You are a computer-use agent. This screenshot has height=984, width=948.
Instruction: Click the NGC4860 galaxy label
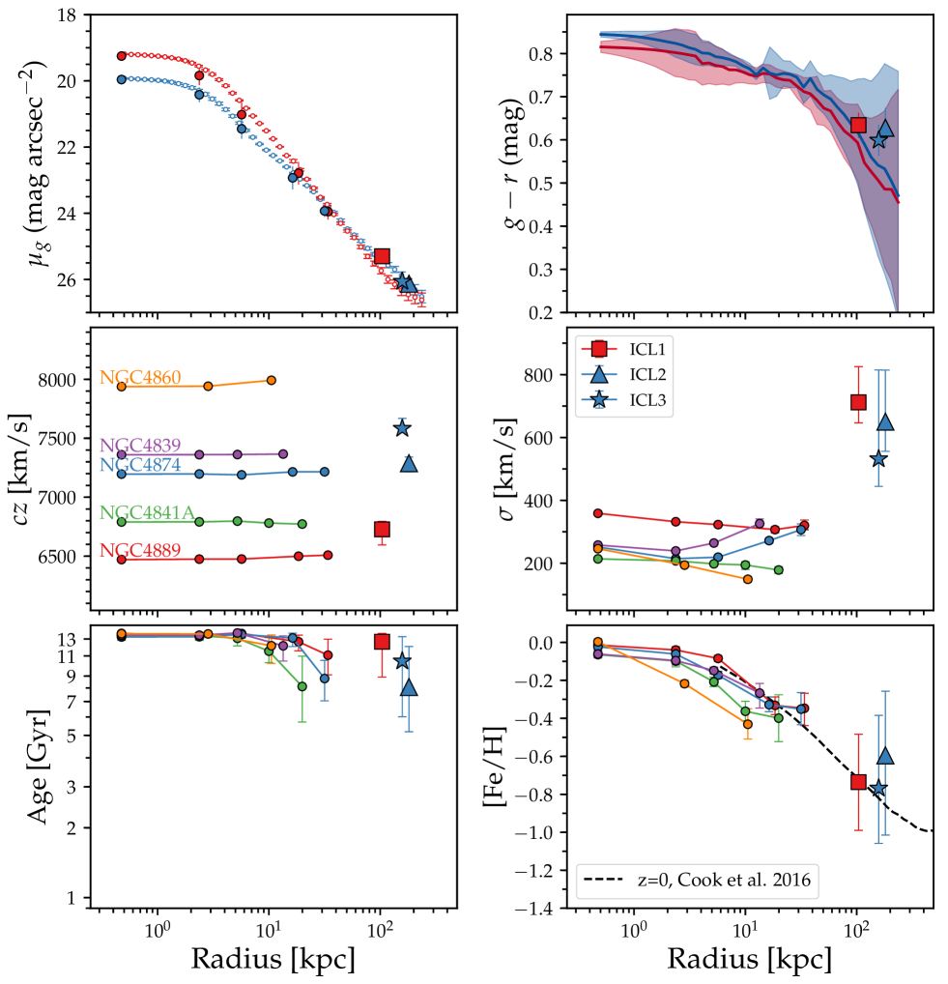click(x=141, y=377)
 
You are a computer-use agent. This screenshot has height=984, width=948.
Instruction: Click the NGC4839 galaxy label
click(x=141, y=446)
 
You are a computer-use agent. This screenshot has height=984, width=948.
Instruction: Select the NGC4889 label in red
click(x=141, y=550)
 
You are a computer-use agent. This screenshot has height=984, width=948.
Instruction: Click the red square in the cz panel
click(x=383, y=529)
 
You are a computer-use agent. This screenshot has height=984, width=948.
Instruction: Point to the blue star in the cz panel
click(x=402, y=427)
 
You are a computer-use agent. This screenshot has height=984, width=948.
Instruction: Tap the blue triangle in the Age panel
click(x=409, y=687)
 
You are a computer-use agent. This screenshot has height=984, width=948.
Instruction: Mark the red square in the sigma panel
click(x=857, y=401)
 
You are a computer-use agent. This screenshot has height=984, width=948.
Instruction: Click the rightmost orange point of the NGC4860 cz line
click(x=271, y=380)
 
